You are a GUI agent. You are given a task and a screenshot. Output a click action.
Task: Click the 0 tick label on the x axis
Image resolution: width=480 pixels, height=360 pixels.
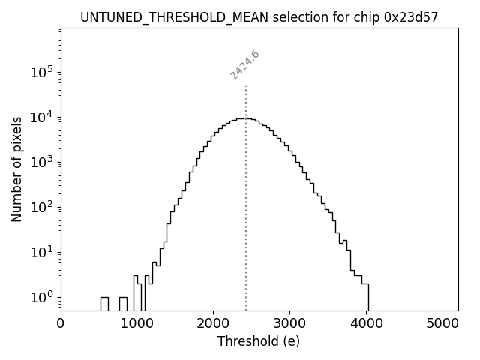point(61,323)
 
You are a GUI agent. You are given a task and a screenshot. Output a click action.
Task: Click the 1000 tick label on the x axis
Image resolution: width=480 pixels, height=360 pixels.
point(136,323)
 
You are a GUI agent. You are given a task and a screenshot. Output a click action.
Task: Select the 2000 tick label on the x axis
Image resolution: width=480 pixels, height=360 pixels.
point(213,323)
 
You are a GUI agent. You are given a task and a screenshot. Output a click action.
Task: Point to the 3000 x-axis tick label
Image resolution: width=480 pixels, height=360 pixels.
point(289,323)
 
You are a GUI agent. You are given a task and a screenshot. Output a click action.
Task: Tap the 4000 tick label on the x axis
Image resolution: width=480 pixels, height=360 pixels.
point(366,323)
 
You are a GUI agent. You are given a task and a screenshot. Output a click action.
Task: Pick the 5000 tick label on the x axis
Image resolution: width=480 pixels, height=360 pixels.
point(442,323)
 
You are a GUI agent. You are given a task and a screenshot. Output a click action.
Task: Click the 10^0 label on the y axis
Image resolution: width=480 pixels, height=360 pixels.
point(42,297)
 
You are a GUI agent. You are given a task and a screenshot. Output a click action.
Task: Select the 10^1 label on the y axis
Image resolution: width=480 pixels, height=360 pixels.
point(42,252)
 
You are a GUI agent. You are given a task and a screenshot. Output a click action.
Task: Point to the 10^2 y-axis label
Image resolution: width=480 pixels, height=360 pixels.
point(42,207)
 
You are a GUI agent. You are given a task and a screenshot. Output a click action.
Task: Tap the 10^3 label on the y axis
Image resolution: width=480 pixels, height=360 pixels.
point(42,162)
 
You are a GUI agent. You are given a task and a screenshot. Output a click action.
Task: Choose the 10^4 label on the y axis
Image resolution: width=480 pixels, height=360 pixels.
point(42,117)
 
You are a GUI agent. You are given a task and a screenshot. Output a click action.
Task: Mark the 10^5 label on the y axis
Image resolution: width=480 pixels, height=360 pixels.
point(42,72)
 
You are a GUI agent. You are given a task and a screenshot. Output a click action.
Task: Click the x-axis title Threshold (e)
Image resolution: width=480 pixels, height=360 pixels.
point(259,341)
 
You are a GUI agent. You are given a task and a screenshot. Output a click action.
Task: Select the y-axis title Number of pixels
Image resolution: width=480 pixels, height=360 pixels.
point(16,169)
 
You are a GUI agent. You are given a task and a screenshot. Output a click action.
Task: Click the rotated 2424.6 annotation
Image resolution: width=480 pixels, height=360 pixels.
point(244,65)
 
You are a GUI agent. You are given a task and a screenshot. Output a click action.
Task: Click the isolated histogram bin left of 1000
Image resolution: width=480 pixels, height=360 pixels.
point(104,303)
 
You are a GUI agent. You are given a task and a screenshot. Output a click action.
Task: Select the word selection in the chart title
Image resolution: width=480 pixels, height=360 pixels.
point(303,16)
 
